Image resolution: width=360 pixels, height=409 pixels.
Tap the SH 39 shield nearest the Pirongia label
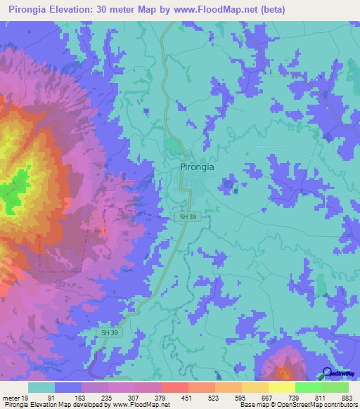pyautogui.click(x=187, y=218)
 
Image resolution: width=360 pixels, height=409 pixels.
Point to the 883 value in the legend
pyautogui.click(x=347, y=397)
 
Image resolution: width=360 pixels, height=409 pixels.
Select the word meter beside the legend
pyautogui.click(x=11, y=397)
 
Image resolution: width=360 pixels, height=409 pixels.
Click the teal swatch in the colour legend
pyautogui.click(x=41, y=387)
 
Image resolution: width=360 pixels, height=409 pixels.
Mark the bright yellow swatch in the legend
pyautogui.click(x=281, y=387)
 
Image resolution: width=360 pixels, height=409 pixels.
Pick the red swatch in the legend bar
pyautogui.click(x=174, y=387)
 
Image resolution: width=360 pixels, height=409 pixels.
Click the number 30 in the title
pyautogui.click(x=114, y=9)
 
